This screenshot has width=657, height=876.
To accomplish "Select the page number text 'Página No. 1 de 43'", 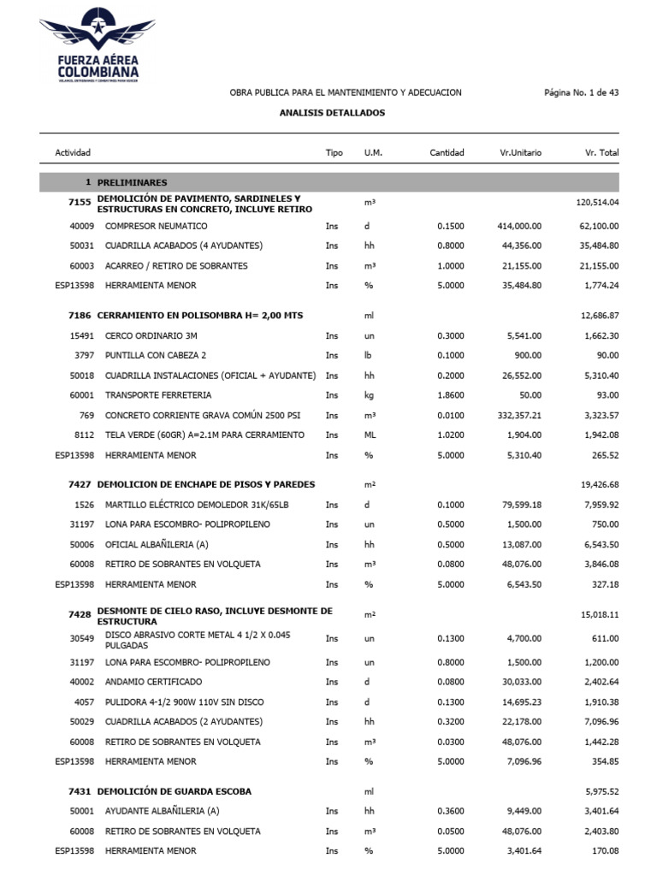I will pos(581,92).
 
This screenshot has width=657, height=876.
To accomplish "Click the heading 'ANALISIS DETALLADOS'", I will pos(332,113).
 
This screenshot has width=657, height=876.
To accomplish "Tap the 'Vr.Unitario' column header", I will pos(520,153).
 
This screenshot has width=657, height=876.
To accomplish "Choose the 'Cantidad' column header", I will pos(447,153).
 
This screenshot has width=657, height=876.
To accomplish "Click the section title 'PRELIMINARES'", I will pos(133,183).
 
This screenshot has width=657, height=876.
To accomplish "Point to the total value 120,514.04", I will pos(598,203).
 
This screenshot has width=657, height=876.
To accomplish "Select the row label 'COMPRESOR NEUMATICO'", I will pos(156,227).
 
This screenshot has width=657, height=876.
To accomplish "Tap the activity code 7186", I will pos(80,316).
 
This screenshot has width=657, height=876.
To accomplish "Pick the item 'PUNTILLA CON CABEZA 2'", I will pos(156,355).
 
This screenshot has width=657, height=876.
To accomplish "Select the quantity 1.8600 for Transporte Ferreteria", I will pos(450,395).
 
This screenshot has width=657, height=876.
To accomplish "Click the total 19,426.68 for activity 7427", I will pos(599,484).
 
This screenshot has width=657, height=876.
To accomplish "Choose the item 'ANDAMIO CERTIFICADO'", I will pos(154,682).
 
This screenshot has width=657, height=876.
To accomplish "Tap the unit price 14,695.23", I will pos(521,702).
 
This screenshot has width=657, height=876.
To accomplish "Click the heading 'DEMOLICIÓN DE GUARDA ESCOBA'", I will pos(175,791).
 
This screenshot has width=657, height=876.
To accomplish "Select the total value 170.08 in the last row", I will pos(605,851).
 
